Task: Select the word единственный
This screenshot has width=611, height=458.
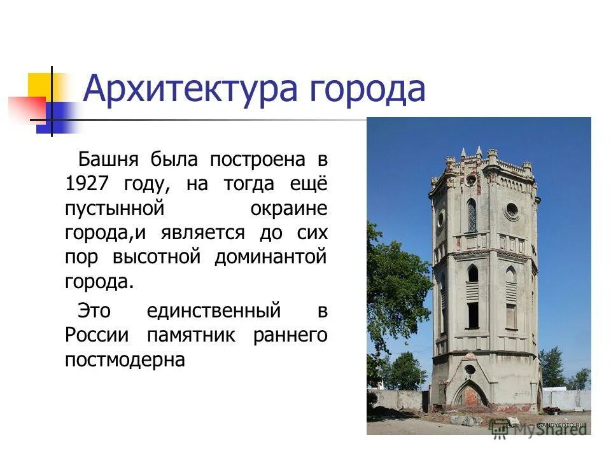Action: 213,310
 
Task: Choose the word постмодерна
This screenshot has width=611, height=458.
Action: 125,360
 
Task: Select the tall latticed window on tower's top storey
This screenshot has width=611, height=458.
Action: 472,216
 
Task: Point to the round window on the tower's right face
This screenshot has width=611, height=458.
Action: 511,209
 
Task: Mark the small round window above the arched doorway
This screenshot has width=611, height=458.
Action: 470,370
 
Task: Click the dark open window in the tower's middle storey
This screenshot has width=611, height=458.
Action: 473,314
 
